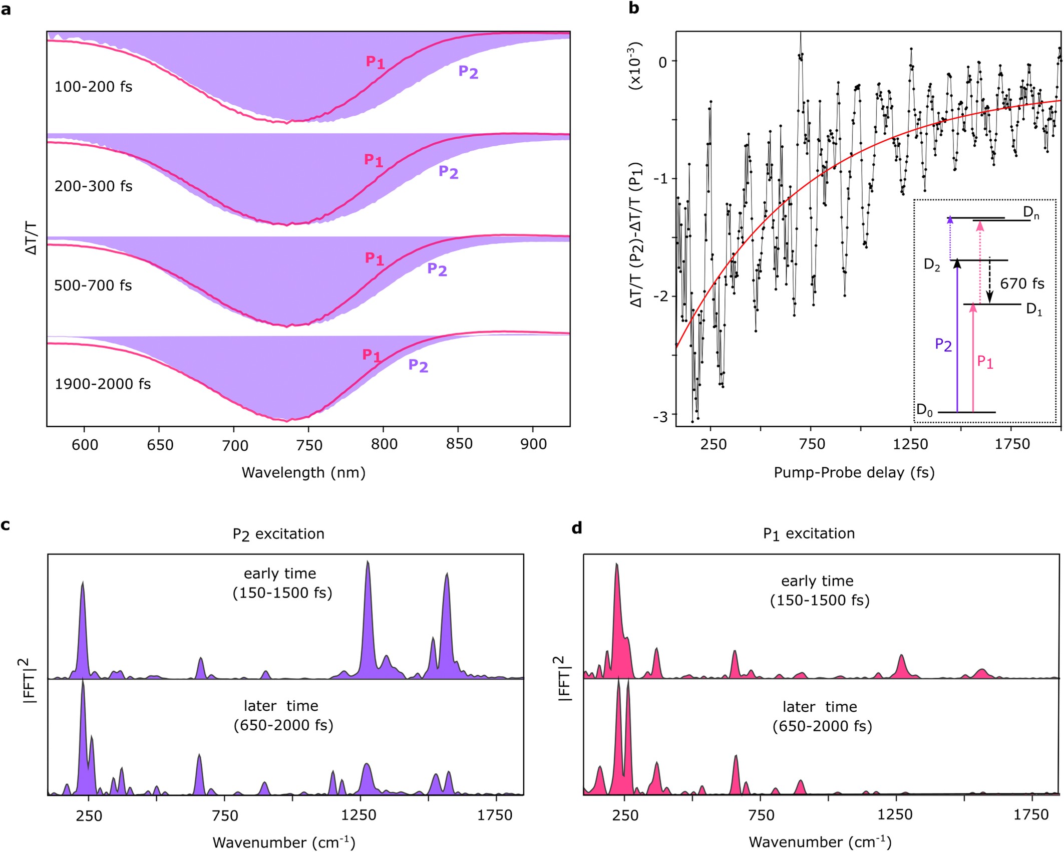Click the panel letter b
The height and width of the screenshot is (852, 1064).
click(x=633, y=9)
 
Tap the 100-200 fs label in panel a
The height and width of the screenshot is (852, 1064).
click(x=93, y=87)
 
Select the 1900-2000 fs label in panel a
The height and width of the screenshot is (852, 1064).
click(x=102, y=384)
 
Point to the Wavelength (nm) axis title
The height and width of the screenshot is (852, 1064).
click(x=303, y=472)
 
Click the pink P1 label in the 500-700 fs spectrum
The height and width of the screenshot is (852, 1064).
click(x=374, y=258)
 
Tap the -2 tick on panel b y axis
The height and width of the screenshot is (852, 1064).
click(x=662, y=297)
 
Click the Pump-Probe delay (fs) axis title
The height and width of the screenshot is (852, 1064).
click(x=854, y=472)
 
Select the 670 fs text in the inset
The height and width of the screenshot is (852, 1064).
click(x=1022, y=284)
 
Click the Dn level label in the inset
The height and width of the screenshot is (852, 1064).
click(x=1031, y=212)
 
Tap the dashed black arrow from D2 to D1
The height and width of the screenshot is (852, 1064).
click(x=989, y=281)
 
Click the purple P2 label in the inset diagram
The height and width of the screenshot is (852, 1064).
click(x=943, y=345)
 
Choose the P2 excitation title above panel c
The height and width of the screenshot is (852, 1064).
click(x=278, y=534)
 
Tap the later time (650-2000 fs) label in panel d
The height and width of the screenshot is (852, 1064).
click(x=822, y=716)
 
